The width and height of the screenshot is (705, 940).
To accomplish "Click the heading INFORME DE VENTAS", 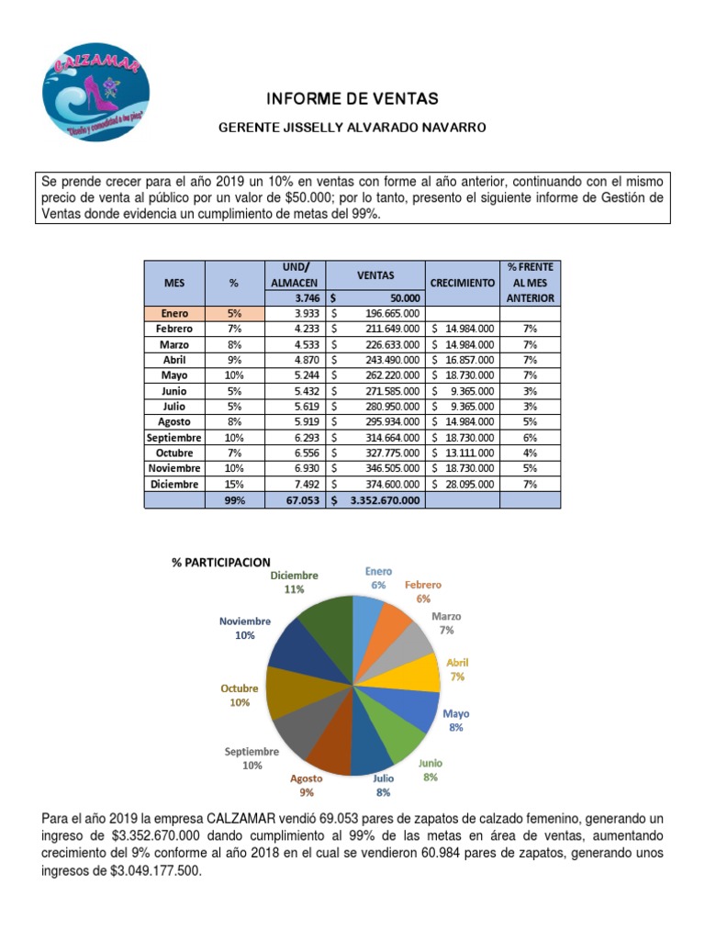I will point(352,98).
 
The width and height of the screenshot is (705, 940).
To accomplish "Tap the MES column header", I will point(174,283).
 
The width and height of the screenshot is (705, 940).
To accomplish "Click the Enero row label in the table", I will point(174,314).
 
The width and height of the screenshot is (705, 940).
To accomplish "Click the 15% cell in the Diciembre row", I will point(235,485).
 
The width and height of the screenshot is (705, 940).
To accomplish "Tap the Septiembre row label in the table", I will point(173,438).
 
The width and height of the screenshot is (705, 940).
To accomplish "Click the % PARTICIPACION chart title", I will point(220,562).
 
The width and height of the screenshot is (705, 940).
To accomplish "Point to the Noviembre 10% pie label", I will point(244,628).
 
